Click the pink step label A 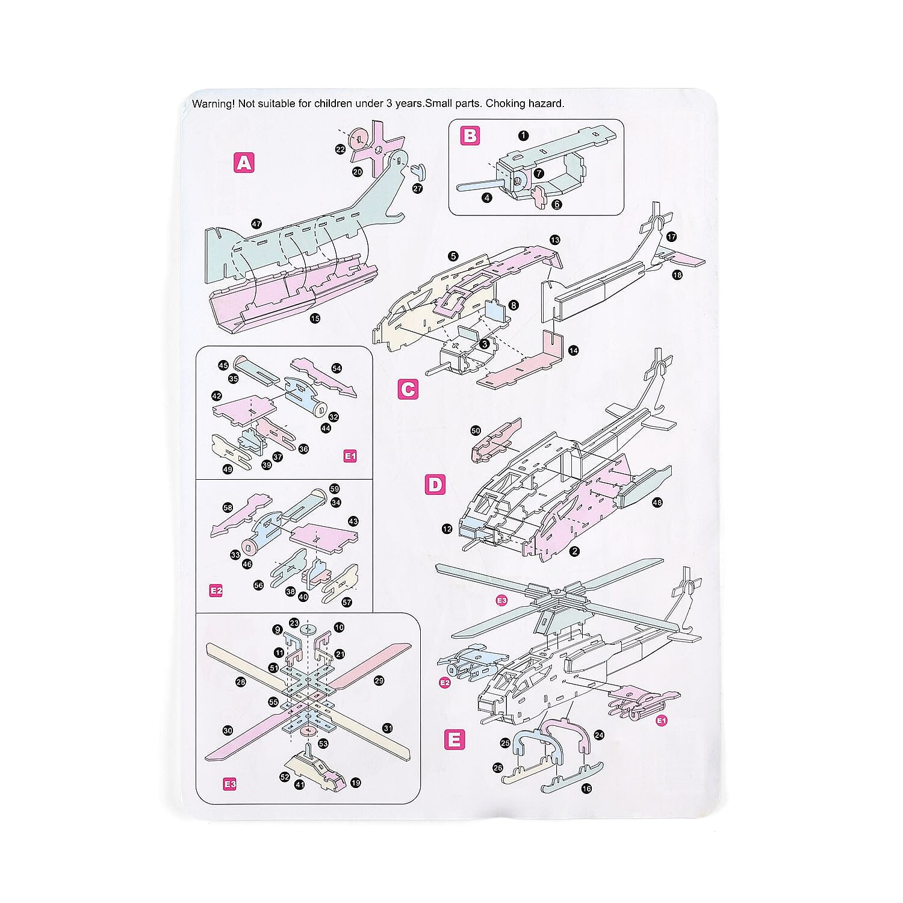point(244,163)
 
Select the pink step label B point(470,135)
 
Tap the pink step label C point(408,390)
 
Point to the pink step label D point(435,485)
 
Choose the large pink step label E point(454,739)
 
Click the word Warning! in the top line point(213,104)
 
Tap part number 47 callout point(256,224)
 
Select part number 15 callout point(314,318)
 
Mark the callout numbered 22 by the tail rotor point(341,149)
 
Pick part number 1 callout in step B point(523,135)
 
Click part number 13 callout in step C point(554,240)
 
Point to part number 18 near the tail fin point(677,275)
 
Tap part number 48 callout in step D point(657,502)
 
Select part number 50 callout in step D point(476,430)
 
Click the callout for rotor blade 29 point(379,680)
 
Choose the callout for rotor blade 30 point(228,730)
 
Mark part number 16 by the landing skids point(586,788)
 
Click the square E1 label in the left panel point(350,456)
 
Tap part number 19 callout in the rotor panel point(355,783)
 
